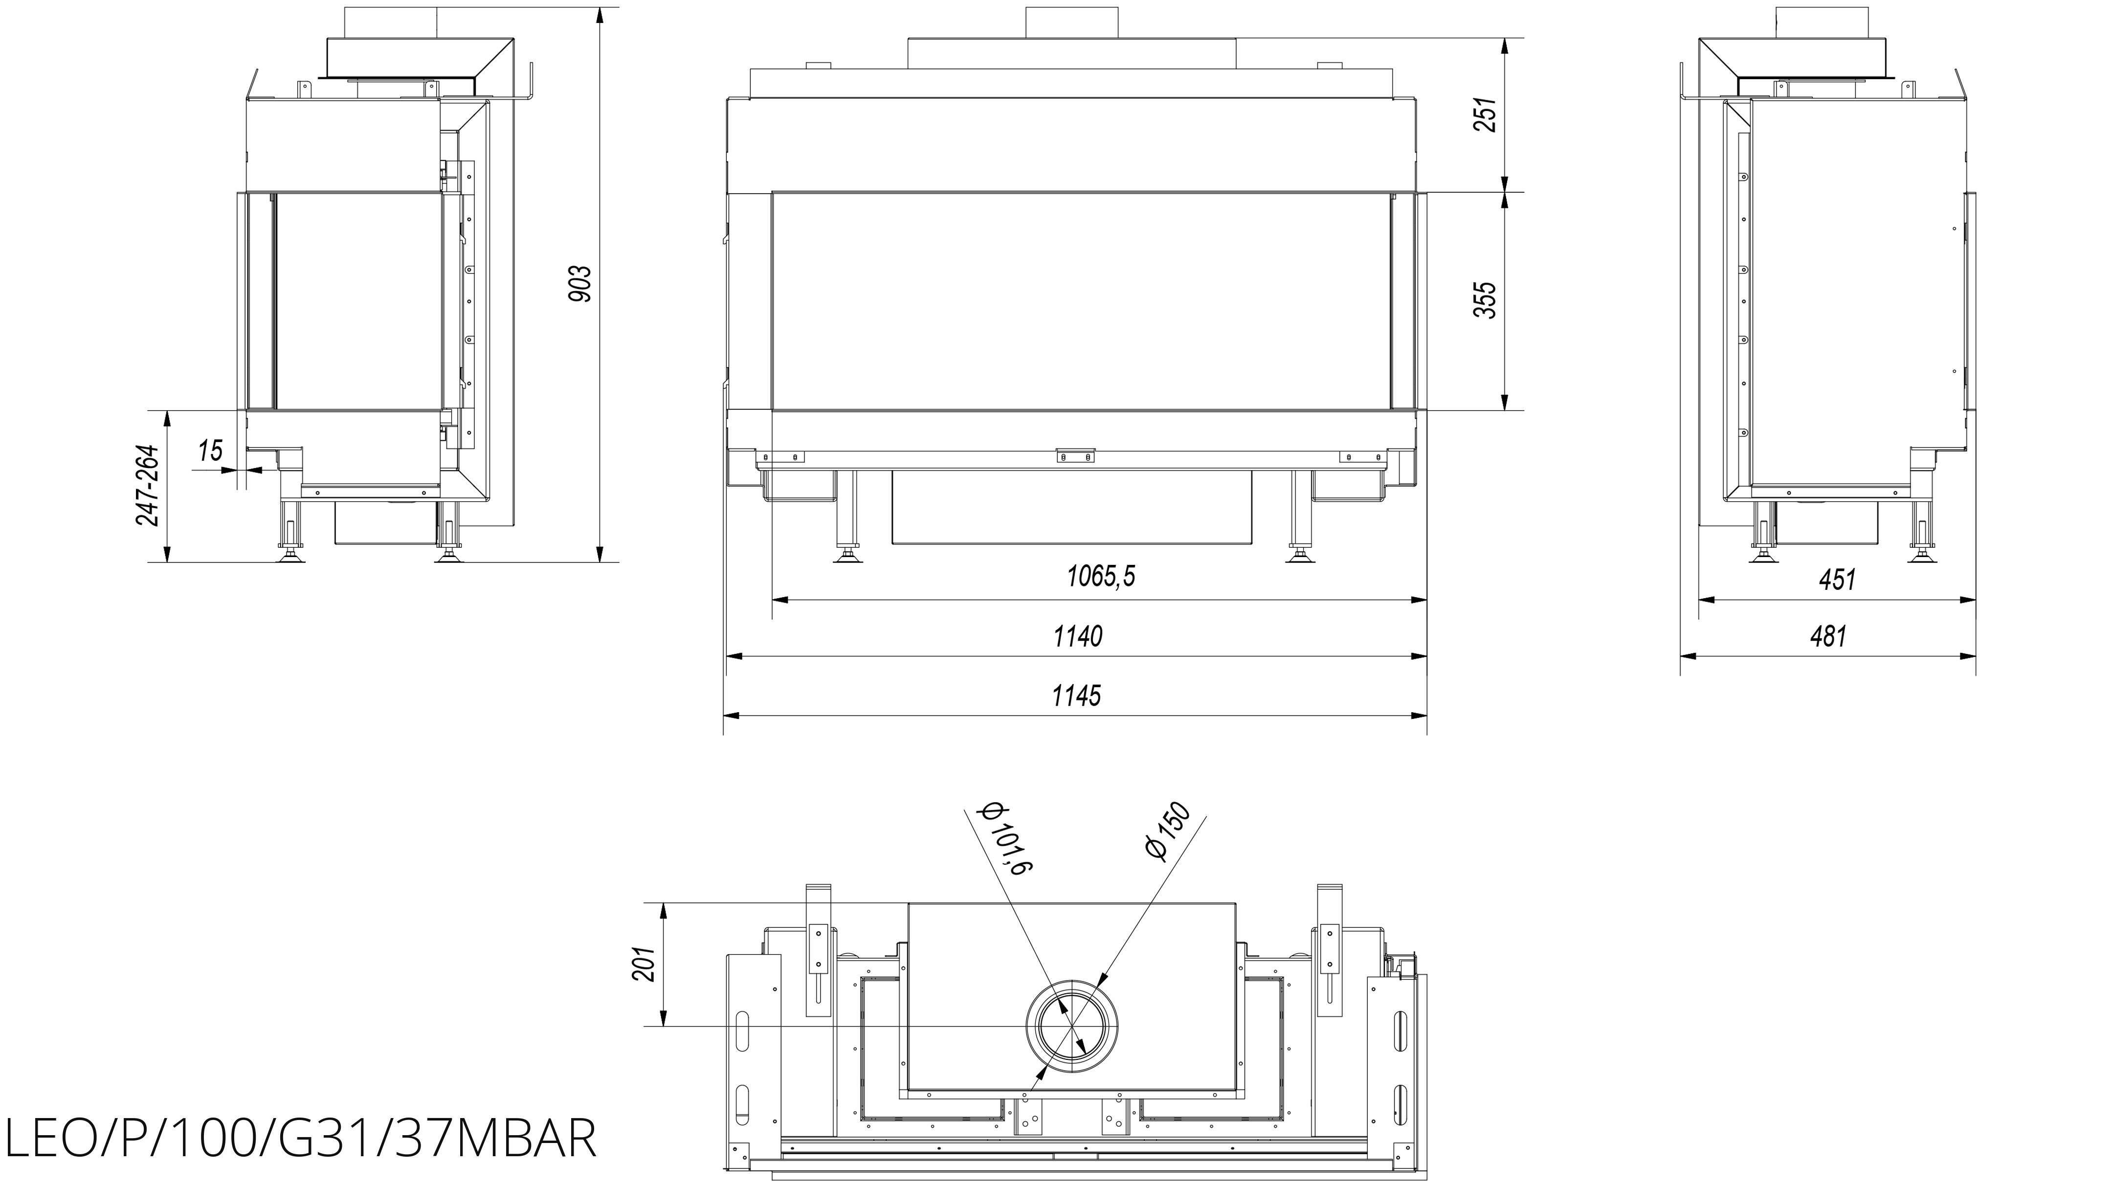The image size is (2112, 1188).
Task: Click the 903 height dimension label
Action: point(580,284)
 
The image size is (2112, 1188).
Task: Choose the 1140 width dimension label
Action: point(1078,636)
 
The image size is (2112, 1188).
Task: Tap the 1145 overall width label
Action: point(1076,695)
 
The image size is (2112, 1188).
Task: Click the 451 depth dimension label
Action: point(1837,580)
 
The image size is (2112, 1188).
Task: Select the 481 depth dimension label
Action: point(1828,636)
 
